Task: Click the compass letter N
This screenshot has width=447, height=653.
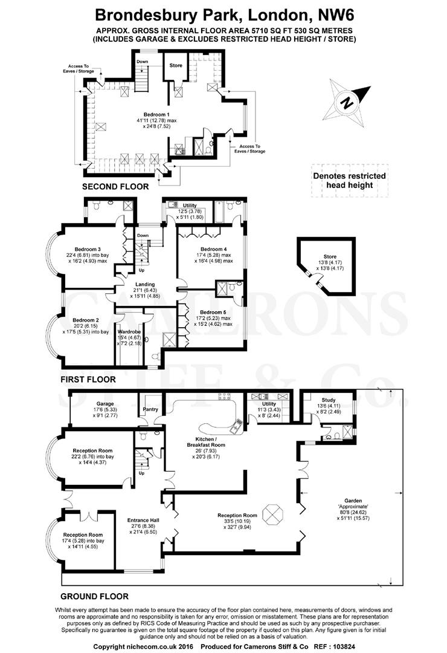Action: pyautogui.click(x=347, y=102)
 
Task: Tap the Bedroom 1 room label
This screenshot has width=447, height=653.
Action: pyautogui.click(x=156, y=114)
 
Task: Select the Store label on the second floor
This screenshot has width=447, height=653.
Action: pyautogui.click(x=176, y=65)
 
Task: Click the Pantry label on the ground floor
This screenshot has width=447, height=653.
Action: pyautogui.click(x=150, y=409)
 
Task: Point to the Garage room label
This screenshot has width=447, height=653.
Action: pyautogui.click(x=105, y=403)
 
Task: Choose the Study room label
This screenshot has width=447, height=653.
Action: pyautogui.click(x=329, y=400)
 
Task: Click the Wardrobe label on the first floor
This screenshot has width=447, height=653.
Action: pyautogui.click(x=129, y=332)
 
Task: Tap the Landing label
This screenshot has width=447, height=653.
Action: pyautogui.click(x=145, y=284)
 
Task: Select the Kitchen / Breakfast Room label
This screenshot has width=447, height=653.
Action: pyautogui.click(x=206, y=442)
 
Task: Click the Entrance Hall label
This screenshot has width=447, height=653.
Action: pyautogui.click(x=143, y=520)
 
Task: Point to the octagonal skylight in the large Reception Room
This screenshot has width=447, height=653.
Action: pyautogui.click(x=273, y=514)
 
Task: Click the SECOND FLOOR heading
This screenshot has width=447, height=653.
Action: pyautogui.click(x=115, y=187)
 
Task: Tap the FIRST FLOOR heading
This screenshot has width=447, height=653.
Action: pyautogui.click(x=88, y=379)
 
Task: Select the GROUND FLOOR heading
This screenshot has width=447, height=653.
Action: pyautogui.click(x=94, y=596)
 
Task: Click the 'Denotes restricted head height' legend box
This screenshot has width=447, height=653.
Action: pyautogui.click(x=350, y=181)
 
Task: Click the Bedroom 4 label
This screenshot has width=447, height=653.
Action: pyautogui.click(x=213, y=249)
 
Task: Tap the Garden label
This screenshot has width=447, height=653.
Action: pyautogui.click(x=353, y=501)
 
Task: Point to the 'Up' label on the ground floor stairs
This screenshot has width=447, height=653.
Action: pyautogui.click(x=141, y=473)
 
